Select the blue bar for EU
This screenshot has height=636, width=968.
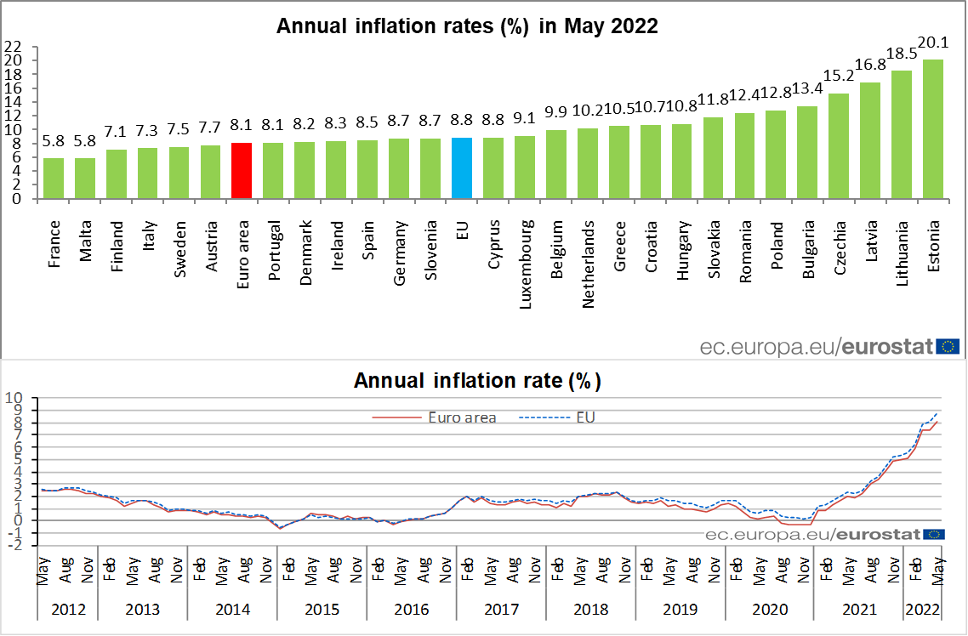click(x=462, y=168)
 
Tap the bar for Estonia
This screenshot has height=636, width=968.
click(x=933, y=128)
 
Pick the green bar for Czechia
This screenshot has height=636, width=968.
click(x=839, y=145)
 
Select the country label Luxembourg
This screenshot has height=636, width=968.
click(x=525, y=253)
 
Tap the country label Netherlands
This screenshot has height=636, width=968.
click(x=588, y=252)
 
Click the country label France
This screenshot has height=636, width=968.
click(x=54, y=245)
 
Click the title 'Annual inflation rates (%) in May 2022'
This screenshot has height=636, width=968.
click(x=467, y=26)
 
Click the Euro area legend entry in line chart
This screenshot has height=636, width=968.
click(x=434, y=417)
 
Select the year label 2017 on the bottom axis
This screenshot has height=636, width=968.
click(x=501, y=610)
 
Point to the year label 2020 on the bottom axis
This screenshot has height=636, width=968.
click(x=770, y=610)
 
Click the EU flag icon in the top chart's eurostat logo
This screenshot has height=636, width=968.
click(x=948, y=346)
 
